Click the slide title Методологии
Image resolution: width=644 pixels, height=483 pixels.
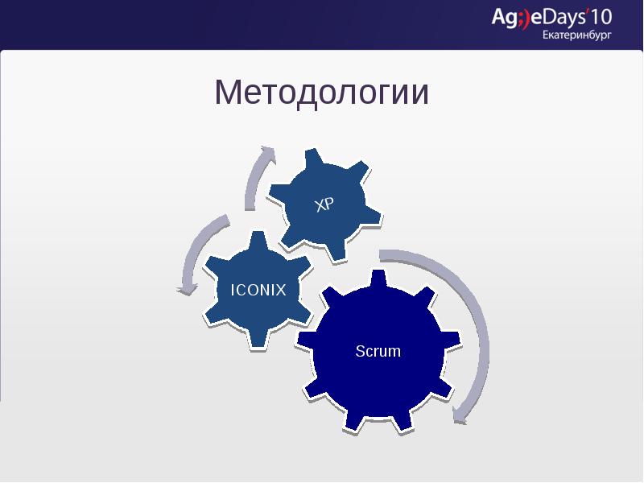(321, 93)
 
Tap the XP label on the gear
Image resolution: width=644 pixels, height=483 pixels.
(324, 204)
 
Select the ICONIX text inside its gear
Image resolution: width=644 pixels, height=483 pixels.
(258, 290)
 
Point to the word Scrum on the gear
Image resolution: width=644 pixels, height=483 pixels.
(378, 352)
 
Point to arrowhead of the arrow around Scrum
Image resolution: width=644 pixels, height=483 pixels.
(460, 415)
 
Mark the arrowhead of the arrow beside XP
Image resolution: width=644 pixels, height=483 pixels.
(266, 151)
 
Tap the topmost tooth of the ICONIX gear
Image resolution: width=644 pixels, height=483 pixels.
(258, 239)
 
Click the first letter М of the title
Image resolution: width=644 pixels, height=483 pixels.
(227, 93)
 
